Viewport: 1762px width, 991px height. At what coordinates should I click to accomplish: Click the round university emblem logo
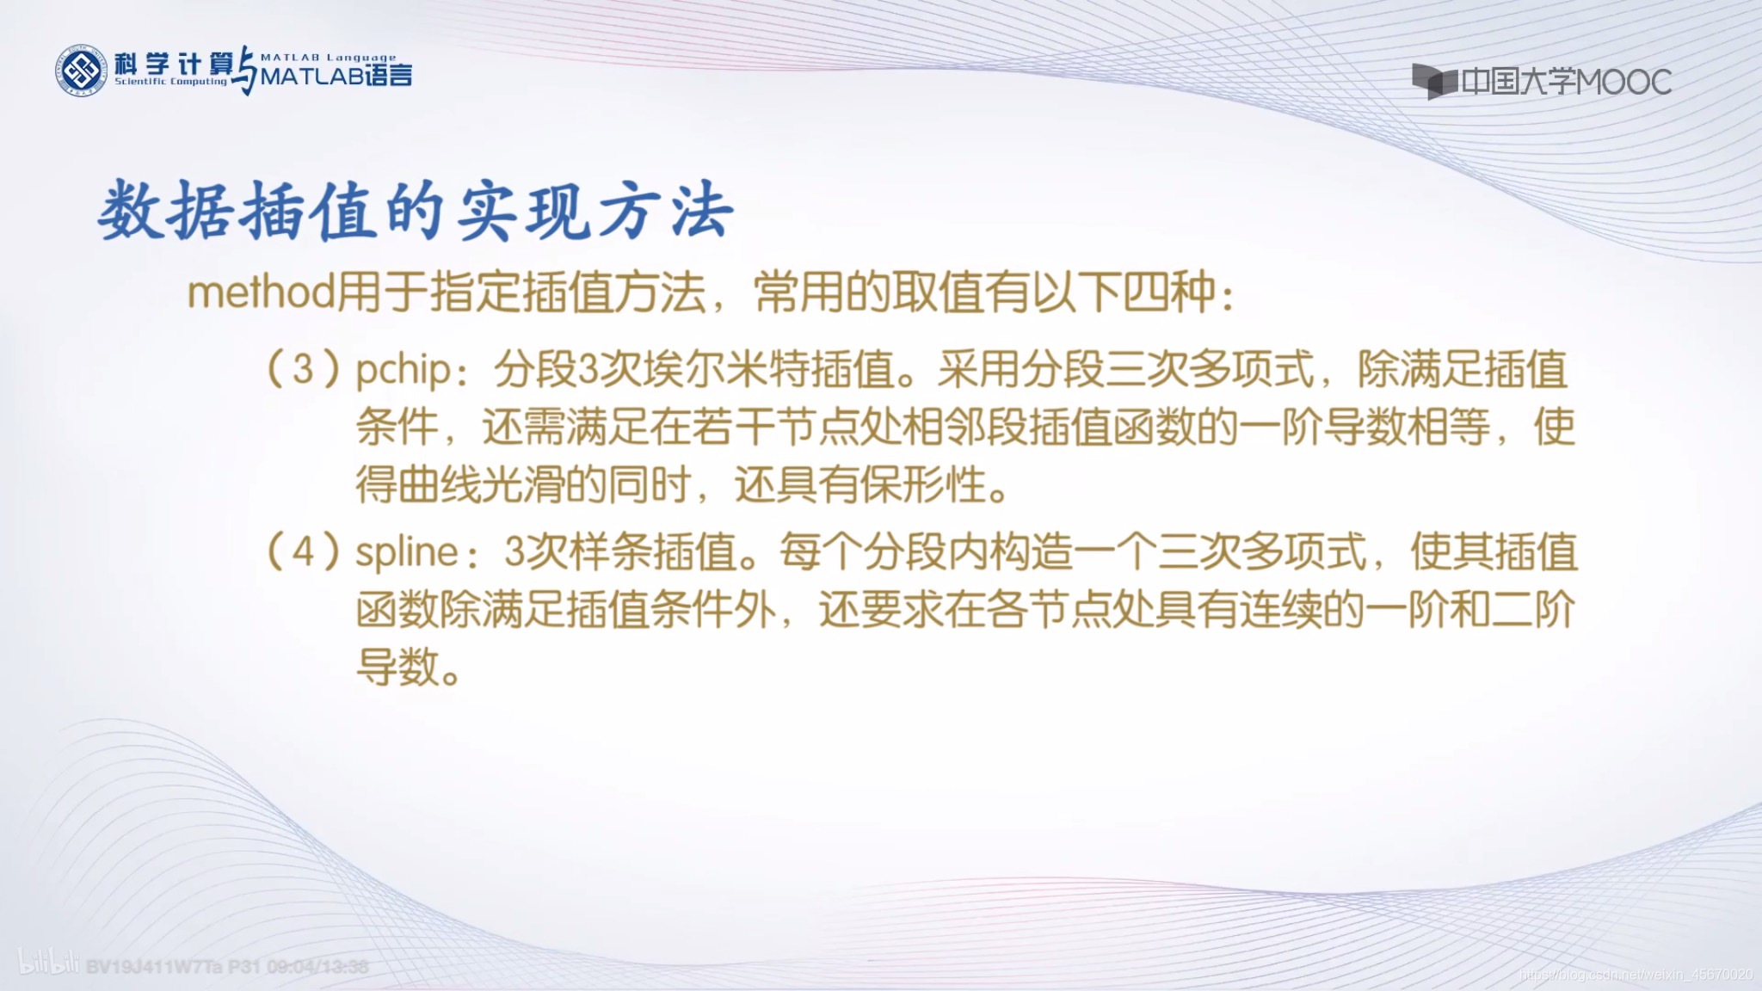click(x=83, y=70)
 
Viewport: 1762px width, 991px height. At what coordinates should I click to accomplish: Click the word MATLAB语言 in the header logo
click(x=336, y=77)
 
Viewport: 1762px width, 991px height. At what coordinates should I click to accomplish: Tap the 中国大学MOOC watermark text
click(x=1566, y=83)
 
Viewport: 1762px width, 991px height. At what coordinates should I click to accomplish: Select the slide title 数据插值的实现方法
click(x=416, y=212)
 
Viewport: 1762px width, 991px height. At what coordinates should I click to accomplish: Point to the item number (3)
click(x=304, y=370)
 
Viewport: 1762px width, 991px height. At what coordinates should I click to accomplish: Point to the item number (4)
click(x=304, y=551)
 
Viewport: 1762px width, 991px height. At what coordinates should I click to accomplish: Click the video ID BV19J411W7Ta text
click(x=154, y=967)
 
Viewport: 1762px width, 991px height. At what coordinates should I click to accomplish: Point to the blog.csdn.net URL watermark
click(x=1635, y=975)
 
